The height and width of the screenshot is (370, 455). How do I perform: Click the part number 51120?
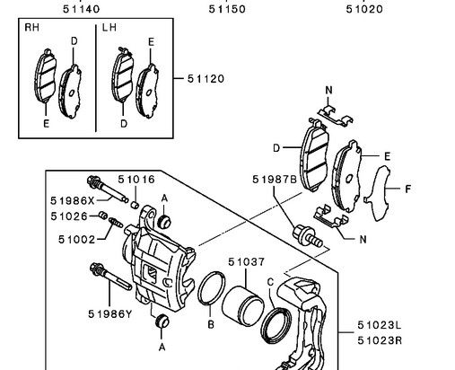pyautogui.click(x=206, y=79)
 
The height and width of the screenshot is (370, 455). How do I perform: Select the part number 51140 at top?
pyautogui.click(x=82, y=9)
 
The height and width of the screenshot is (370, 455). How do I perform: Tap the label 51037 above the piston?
pyautogui.click(x=247, y=262)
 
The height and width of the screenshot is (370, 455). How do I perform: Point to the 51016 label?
pyautogui.click(x=136, y=180)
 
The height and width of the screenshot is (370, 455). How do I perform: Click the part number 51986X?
pyautogui.click(x=73, y=200)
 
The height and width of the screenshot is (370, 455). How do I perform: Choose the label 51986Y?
pyautogui.click(x=110, y=313)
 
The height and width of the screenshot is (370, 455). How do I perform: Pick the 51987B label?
pyautogui.click(x=275, y=180)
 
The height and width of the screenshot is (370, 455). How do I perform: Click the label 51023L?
pyautogui.click(x=380, y=325)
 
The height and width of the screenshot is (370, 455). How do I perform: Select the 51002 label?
pyautogui.click(x=76, y=239)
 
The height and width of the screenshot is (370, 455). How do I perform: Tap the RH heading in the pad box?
pyautogui.click(x=31, y=28)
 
